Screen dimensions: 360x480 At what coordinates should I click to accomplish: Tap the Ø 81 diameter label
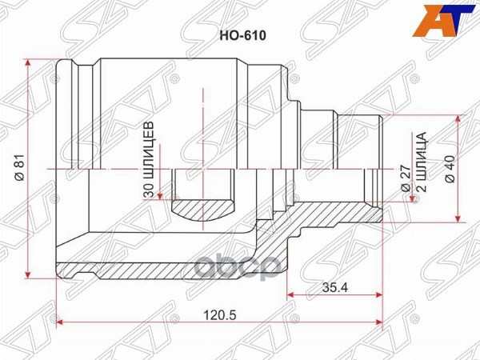18,166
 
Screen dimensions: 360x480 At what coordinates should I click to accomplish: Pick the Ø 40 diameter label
450,168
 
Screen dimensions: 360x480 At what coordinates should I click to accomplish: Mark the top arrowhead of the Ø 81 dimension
30,62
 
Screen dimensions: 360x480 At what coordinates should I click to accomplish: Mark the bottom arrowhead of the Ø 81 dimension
30,271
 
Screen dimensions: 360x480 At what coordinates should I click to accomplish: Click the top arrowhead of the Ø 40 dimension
458,116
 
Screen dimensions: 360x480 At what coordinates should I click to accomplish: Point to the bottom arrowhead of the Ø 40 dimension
458,219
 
